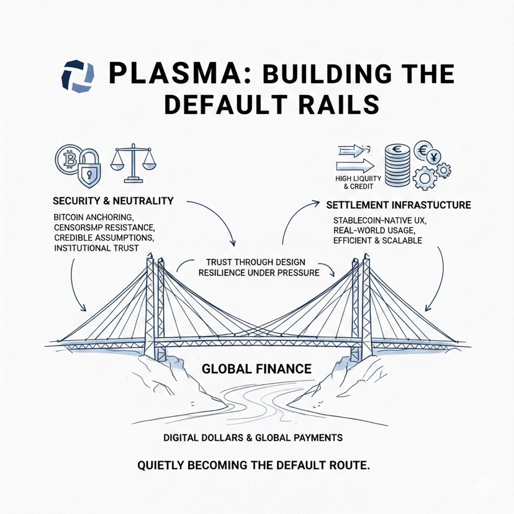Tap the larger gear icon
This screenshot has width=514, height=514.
click(426, 177)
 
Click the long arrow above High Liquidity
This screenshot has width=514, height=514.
click(354, 166)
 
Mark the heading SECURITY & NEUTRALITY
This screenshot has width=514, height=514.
click(113, 201)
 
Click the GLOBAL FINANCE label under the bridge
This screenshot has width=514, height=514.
click(256, 369)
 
